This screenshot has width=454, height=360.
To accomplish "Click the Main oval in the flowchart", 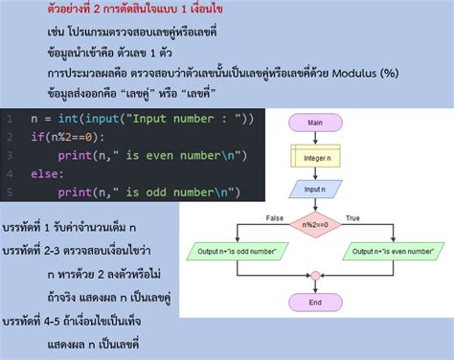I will point(314,124).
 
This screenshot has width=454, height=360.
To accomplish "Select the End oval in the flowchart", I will point(314,301).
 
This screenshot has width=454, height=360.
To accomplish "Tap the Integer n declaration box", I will point(314,156).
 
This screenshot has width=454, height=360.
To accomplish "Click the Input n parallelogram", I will point(314,189).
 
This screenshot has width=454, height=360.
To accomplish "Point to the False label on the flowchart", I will point(275,217).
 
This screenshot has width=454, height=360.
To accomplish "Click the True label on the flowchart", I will point(352,217).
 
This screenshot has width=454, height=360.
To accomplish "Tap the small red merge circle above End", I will point(314,276).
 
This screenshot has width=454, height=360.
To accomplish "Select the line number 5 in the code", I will point(8,192).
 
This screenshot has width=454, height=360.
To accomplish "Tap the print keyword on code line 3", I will point(76,155).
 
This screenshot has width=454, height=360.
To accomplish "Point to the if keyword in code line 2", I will point(35,137).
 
